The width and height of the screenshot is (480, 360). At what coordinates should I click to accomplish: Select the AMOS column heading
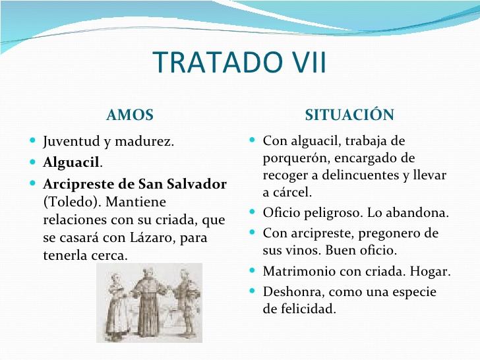coord(129,115)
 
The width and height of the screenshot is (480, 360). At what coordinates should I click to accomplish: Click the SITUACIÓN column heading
coord(349,115)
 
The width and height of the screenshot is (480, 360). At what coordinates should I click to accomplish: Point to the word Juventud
coord(70,142)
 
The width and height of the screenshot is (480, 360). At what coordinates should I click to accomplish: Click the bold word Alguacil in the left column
coord(71,163)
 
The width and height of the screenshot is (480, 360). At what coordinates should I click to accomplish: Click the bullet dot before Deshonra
coord(254,291)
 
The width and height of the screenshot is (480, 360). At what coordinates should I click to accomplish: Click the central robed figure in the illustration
coord(147,300)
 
